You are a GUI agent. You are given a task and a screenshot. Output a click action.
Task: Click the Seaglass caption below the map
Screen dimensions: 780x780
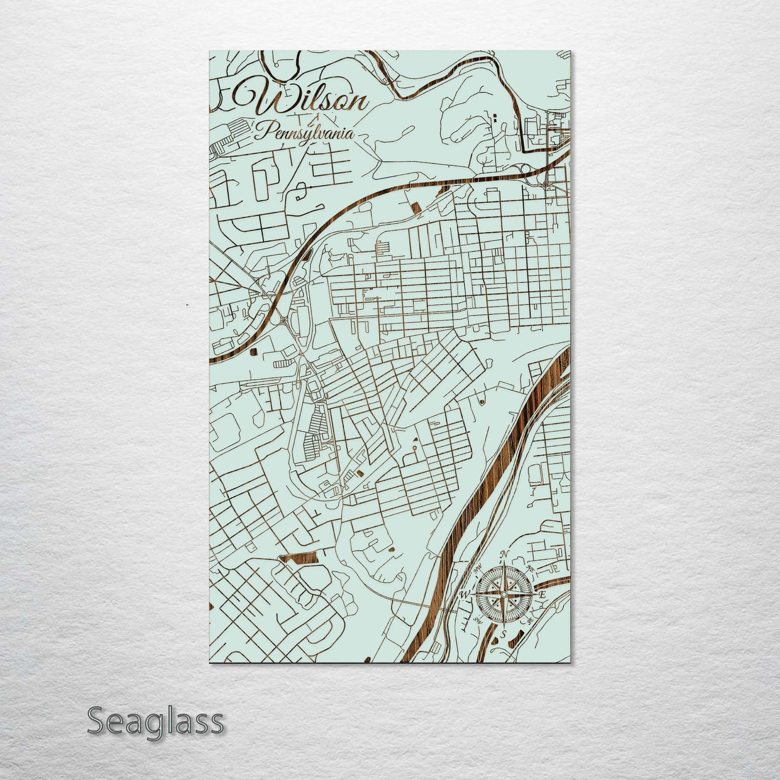155,721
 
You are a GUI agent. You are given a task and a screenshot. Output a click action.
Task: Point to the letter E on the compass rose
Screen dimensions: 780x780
543,594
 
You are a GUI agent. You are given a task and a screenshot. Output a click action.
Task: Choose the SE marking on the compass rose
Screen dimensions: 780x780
530,621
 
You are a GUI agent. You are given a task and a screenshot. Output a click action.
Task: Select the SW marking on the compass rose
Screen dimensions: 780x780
477,620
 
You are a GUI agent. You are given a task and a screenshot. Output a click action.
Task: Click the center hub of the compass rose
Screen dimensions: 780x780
504,594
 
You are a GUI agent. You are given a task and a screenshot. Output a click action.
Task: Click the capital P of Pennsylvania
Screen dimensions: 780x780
263,131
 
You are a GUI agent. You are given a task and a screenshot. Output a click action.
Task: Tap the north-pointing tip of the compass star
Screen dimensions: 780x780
504,562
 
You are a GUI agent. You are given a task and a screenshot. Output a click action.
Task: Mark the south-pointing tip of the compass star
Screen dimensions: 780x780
504,627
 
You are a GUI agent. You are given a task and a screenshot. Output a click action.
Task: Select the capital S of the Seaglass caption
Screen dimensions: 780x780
96,721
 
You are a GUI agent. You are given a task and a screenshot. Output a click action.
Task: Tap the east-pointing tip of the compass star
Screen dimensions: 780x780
535,594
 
